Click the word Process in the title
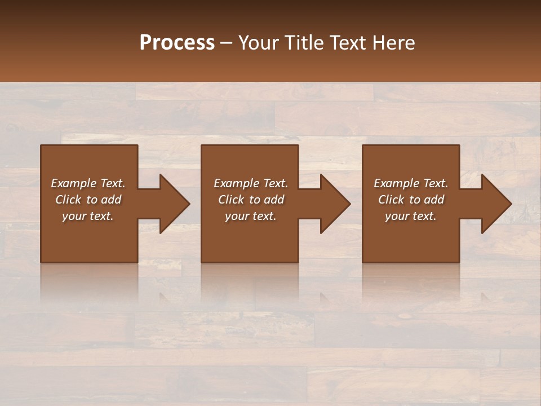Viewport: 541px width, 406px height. coord(177,43)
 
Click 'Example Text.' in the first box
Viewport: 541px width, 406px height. coord(88,183)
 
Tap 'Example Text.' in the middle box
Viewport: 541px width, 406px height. coord(251,183)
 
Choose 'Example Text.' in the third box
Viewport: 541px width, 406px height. coord(411,183)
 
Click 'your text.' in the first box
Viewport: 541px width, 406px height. coord(88,216)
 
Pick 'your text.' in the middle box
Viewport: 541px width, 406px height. coord(251,216)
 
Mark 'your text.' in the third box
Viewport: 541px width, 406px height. coord(411,216)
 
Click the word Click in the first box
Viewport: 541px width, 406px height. coord(68,200)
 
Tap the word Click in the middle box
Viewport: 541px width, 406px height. coord(231,200)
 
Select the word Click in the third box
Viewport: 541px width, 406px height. coord(391,200)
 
